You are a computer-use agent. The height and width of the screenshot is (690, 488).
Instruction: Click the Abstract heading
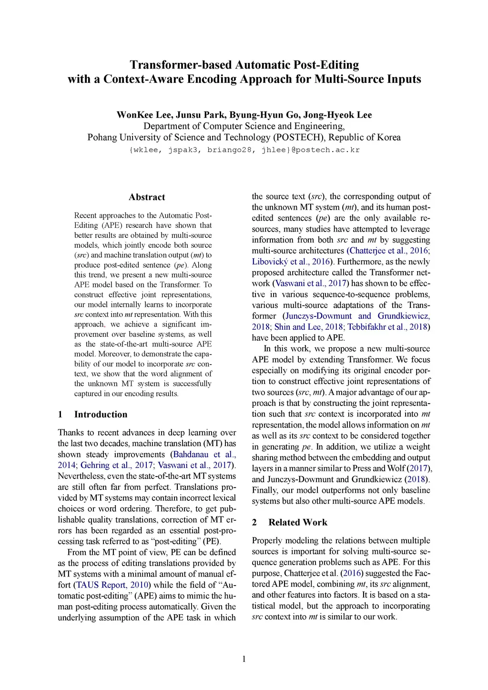tap(147, 197)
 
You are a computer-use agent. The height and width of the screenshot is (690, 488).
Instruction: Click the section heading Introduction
tap(101, 415)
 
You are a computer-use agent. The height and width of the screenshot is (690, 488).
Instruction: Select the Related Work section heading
tap(298, 522)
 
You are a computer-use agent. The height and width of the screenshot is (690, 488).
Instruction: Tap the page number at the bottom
tap(244, 659)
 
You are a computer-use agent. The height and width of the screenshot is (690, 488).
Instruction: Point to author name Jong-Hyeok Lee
tap(337, 115)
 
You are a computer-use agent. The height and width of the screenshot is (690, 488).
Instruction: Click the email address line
tap(244, 150)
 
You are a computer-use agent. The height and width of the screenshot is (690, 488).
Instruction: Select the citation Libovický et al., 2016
tap(291, 262)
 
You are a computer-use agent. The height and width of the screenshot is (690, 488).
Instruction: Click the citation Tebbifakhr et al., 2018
tap(387, 327)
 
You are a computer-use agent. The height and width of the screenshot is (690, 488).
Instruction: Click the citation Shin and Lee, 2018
tap(308, 327)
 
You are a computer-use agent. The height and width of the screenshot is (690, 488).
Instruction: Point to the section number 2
tap(254, 522)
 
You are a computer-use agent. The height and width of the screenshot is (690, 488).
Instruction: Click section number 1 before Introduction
tap(60, 415)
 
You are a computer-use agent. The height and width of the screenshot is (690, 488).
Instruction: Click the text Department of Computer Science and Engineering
tap(244, 126)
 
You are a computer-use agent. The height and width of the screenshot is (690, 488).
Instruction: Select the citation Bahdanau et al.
tap(204, 455)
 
